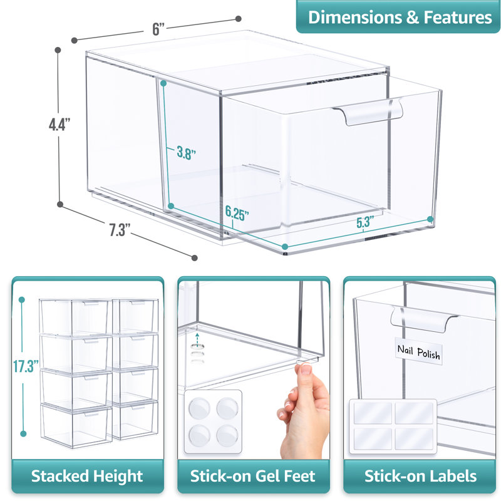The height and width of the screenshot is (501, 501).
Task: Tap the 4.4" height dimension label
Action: tap(59, 124)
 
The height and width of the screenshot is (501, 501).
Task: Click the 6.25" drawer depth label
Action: tap(237, 213)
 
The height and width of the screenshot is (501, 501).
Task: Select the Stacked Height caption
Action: tap(87, 476)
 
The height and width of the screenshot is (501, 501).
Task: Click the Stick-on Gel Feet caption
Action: tap(252, 476)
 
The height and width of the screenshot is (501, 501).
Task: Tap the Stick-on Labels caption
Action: tap(420, 476)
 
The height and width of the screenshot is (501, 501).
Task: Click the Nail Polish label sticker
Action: tap(419, 351)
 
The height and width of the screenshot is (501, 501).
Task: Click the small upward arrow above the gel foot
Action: tap(198, 336)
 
